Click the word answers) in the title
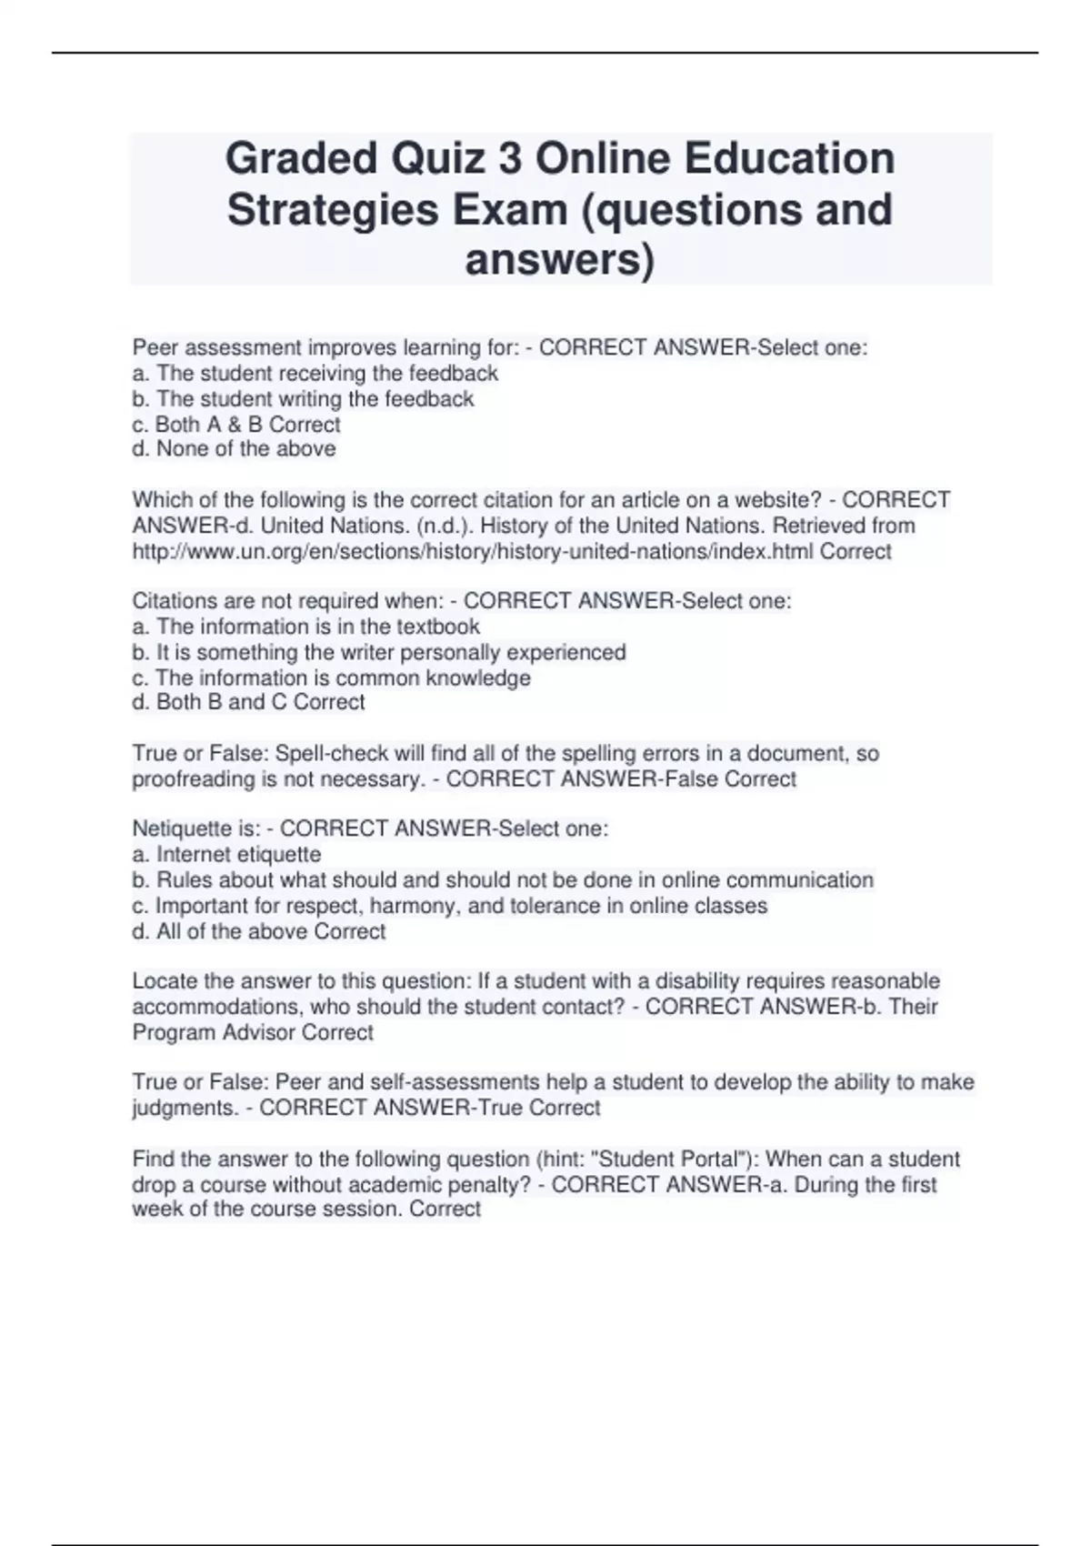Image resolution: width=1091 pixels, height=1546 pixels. coord(559,259)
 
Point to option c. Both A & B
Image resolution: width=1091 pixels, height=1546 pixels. coord(236,425)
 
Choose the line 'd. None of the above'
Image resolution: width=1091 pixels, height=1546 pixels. coord(234,449)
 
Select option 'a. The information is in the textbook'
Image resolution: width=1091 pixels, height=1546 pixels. coord(305,627)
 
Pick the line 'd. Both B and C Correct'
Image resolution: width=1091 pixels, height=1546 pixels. coord(248,702)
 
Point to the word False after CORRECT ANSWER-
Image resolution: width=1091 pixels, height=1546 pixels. coord(692,779)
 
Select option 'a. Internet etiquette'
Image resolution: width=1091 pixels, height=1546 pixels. coord(226,855)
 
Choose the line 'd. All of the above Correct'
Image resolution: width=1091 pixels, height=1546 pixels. coord(258,931)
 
